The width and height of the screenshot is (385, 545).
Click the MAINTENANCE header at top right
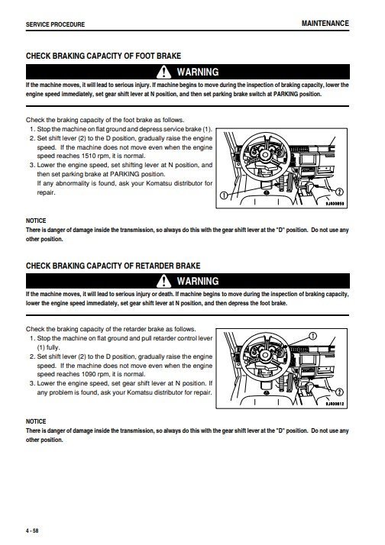(325, 24)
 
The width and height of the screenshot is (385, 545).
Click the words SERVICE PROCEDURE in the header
(57, 25)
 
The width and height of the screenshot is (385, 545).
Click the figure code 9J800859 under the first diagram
(332, 203)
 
